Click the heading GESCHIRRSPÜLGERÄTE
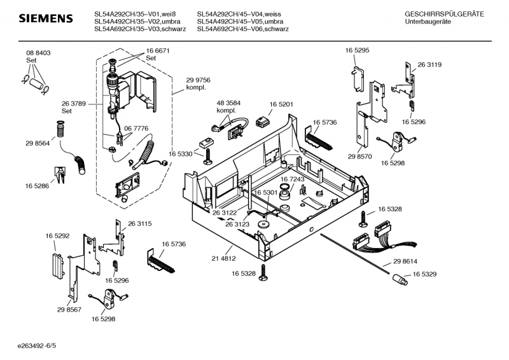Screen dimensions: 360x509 pyautogui.click(x=444, y=14)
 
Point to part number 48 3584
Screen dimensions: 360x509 pyautogui.click(x=228, y=103)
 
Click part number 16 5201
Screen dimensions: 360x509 pyautogui.click(x=281, y=104)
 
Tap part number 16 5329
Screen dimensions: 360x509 pyautogui.click(x=424, y=274)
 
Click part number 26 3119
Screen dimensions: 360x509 pyautogui.click(x=429, y=65)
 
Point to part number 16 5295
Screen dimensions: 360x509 pyautogui.click(x=357, y=50)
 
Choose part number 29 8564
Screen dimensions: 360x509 pyautogui.click(x=38, y=144)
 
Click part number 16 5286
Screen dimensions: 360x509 pyautogui.click(x=38, y=186)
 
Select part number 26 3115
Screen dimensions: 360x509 pyautogui.click(x=139, y=223)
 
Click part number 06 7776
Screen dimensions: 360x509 pyautogui.click(x=137, y=128)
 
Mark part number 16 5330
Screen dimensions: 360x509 pyautogui.click(x=180, y=154)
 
